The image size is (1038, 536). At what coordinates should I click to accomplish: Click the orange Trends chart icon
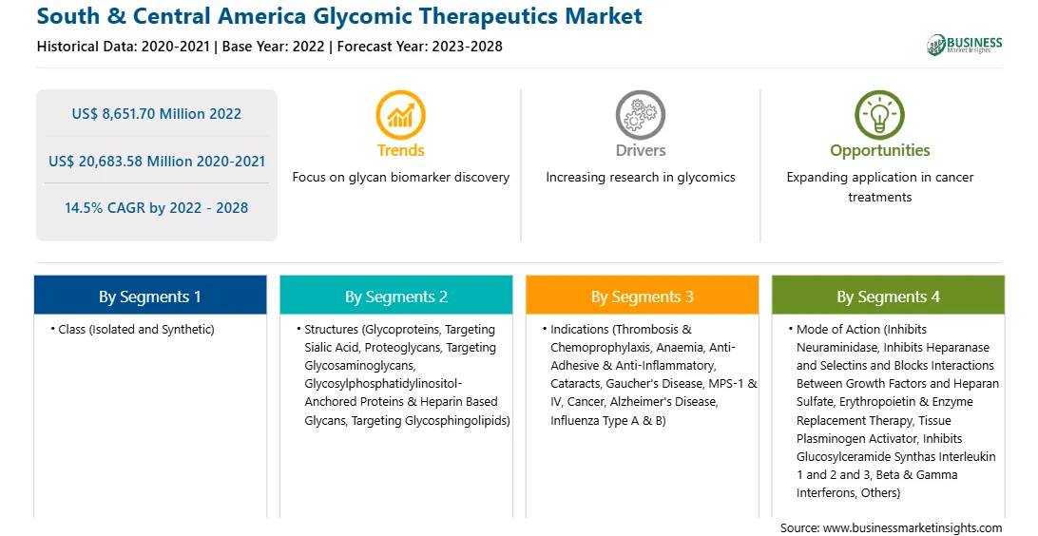400,115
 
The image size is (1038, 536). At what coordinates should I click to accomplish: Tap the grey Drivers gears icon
640,115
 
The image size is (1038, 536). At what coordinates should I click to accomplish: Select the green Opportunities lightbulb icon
880,115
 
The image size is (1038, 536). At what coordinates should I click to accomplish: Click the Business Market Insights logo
965,45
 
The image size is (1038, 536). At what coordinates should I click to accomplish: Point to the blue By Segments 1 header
150,296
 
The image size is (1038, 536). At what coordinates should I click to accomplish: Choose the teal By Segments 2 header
395,296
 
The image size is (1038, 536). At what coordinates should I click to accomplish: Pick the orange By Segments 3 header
643,296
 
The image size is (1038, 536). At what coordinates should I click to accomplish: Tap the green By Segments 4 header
889,296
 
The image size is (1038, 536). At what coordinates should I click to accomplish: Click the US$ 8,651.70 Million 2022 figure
157,114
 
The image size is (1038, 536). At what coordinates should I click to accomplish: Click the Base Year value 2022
308,47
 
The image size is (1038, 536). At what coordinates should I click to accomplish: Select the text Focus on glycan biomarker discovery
401,178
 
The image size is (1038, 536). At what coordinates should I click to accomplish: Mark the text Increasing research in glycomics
641,178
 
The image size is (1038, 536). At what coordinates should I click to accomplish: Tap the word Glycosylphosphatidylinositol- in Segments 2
383,384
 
